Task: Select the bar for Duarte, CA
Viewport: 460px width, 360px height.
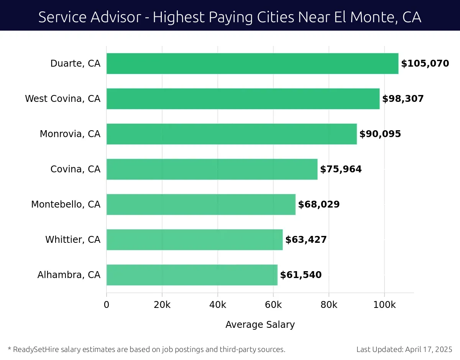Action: [252, 64]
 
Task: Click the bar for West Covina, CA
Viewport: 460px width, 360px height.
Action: [243, 99]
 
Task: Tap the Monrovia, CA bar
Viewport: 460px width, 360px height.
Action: [232, 134]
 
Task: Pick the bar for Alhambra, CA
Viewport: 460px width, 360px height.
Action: [192, 275]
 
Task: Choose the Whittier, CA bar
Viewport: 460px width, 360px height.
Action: [194, 240]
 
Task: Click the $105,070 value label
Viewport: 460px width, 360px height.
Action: [425, 64]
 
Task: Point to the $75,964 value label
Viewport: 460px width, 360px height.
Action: [341, 169]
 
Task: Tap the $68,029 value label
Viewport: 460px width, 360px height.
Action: [319, 205]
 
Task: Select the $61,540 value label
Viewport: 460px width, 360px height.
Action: [301, 275]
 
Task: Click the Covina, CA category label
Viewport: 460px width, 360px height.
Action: [76, 169]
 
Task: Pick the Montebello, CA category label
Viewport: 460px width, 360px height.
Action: [66, 205]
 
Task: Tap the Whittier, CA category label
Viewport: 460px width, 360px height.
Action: [73, 240]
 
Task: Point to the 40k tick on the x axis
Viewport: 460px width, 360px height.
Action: [218, 305]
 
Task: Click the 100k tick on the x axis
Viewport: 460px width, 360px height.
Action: [384, 305]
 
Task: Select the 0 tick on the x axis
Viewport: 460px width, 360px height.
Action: [107, 305]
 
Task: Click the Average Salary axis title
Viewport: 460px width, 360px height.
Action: [260, 325]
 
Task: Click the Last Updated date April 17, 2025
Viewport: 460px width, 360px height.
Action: [428, 349]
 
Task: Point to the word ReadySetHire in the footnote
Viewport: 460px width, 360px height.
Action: [35, 349]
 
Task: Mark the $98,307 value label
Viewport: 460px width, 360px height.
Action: [403, 99]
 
